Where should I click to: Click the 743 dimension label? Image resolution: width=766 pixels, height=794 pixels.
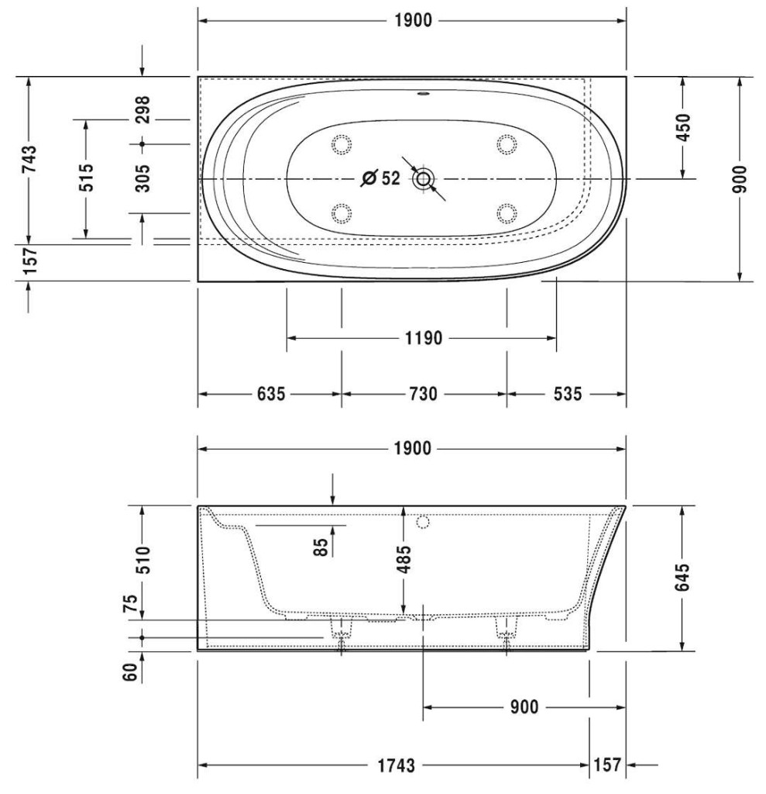point(30,158)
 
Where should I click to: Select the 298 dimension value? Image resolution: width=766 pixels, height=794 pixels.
point(143,109)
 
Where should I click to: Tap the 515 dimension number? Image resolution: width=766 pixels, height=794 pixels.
point(87,177)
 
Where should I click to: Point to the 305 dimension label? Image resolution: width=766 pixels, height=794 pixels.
point(143,178)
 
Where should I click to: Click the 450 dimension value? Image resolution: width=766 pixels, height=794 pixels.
point(682,128)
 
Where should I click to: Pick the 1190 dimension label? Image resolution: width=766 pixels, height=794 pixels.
point(424,338)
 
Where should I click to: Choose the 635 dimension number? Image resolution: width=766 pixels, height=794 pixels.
point(271,393)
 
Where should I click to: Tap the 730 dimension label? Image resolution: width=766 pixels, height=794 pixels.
point(423,393)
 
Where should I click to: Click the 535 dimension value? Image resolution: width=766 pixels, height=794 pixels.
point(568,393)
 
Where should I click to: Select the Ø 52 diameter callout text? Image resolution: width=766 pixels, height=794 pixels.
point(380,178)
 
